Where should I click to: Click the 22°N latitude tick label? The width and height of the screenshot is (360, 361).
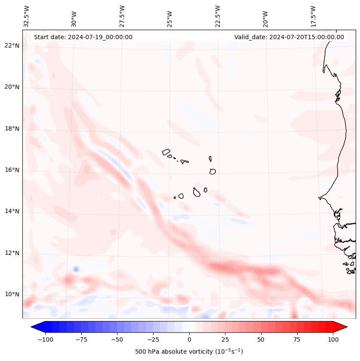[12, 46]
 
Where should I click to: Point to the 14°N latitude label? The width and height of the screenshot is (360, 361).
[12, 211]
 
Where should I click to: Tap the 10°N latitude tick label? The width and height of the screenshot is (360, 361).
[12, 295]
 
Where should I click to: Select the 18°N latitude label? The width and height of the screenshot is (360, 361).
[12, 129]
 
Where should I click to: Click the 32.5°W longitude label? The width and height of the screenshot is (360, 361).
[27, 16]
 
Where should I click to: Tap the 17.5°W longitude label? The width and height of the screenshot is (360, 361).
[313, 16]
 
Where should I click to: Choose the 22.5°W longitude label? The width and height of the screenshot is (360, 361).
[218, 16]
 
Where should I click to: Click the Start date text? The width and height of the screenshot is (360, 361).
[83, 37]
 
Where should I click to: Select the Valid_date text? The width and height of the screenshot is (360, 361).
[289, 37]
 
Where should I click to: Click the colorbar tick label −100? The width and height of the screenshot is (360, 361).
[45, 339]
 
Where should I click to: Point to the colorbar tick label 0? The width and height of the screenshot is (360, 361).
[189, 339]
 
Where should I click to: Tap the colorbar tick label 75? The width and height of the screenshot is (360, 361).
[297, 339]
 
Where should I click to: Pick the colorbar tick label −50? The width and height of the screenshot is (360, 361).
[117, 339]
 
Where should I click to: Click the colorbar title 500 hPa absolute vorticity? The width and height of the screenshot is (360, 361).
[189, 352]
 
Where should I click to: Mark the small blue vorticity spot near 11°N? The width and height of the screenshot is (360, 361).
[76, 269]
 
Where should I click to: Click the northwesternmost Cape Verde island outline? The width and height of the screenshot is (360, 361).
[166, 152]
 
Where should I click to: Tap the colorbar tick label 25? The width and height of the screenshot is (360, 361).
[225, 339]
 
